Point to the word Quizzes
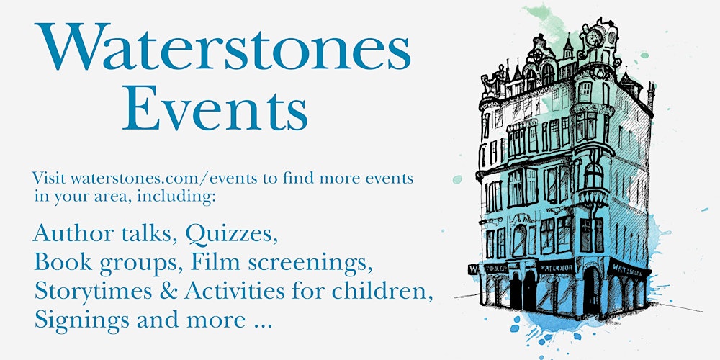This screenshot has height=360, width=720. click(x=232, y=233)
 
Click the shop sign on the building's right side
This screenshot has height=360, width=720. click(x=628, y=270)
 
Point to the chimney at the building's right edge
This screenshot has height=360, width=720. click(x=651, y=94)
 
